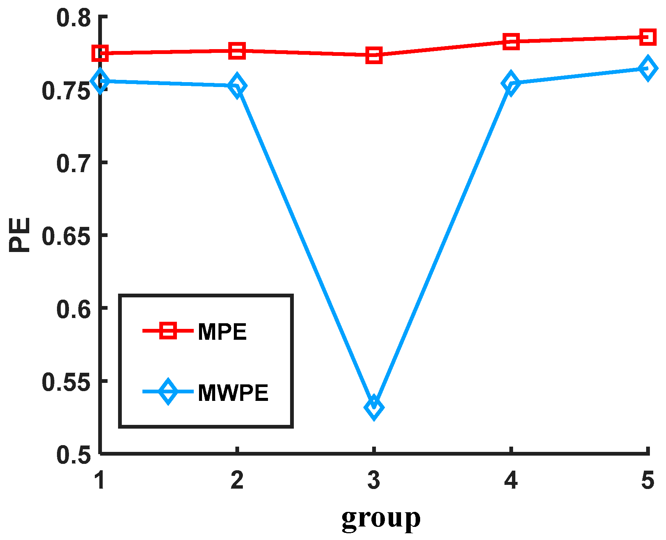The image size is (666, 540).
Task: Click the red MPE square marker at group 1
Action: click(100, 53)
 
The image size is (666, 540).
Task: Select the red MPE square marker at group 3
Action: click(374, 55)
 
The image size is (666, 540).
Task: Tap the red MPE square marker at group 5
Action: click(648, 37)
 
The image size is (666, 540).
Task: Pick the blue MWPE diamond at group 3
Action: click(374, 407)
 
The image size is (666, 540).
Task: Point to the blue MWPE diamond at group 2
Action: click(237, 85)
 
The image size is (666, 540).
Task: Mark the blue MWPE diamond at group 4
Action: click(510, 83)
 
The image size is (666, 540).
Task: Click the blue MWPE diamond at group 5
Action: click(648, 69)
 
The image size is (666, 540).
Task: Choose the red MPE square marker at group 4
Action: click(511, 41)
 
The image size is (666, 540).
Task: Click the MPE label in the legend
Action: click(222, 331)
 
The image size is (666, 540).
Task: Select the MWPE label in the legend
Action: click(233, 393)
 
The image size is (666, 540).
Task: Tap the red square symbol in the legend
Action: click(168, 330)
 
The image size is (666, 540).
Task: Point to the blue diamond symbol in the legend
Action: click(168, 391)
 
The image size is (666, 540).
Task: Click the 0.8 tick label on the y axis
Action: click(73, 18)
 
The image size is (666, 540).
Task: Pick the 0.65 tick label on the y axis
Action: click(66, 236)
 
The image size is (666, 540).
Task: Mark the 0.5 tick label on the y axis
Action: click(73, 454)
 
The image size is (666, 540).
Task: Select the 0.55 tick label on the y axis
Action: click(66, 382)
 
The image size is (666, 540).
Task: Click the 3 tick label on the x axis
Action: click(374, 480)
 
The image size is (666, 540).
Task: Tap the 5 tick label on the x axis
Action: click(648, 480)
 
